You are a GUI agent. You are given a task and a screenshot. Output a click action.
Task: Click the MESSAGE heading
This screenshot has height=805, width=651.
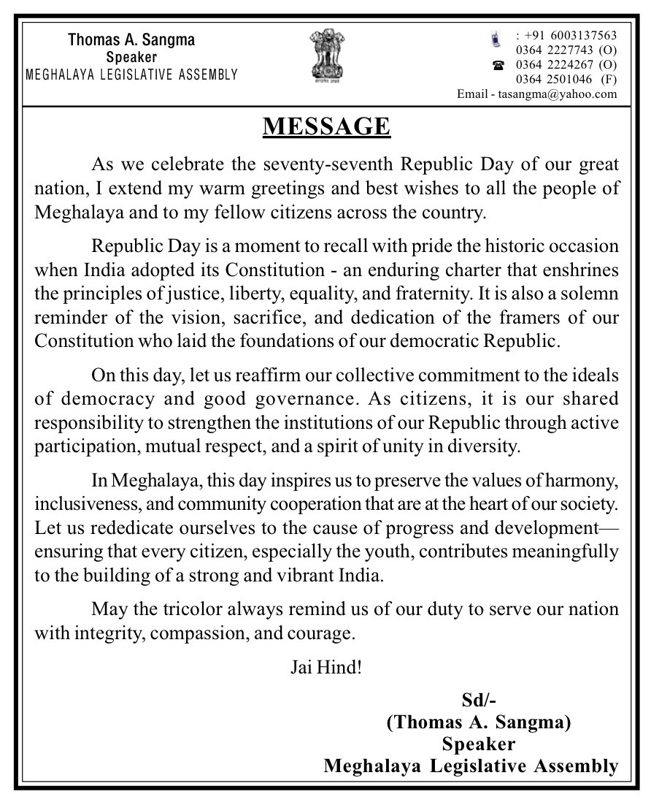326,126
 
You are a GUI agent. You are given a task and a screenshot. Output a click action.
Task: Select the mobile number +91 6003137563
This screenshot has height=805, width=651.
566,36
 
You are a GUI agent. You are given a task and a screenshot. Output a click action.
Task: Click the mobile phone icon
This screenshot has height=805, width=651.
496,38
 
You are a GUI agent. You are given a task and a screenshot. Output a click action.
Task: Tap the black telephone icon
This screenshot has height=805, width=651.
498,65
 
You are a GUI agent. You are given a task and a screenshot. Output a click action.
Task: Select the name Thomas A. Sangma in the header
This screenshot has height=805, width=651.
131,39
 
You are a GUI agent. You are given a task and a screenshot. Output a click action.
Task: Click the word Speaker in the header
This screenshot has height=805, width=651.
131,57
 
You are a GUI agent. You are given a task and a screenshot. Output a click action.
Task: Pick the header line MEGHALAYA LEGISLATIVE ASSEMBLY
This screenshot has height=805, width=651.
131,74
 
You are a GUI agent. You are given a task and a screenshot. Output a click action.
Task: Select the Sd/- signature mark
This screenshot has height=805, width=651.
479,701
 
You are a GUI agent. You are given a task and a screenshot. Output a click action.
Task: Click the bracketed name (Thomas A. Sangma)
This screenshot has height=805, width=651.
478,722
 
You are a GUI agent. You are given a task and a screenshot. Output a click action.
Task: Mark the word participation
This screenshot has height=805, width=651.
80,446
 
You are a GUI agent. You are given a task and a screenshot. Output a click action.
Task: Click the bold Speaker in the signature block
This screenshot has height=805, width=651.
479,744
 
